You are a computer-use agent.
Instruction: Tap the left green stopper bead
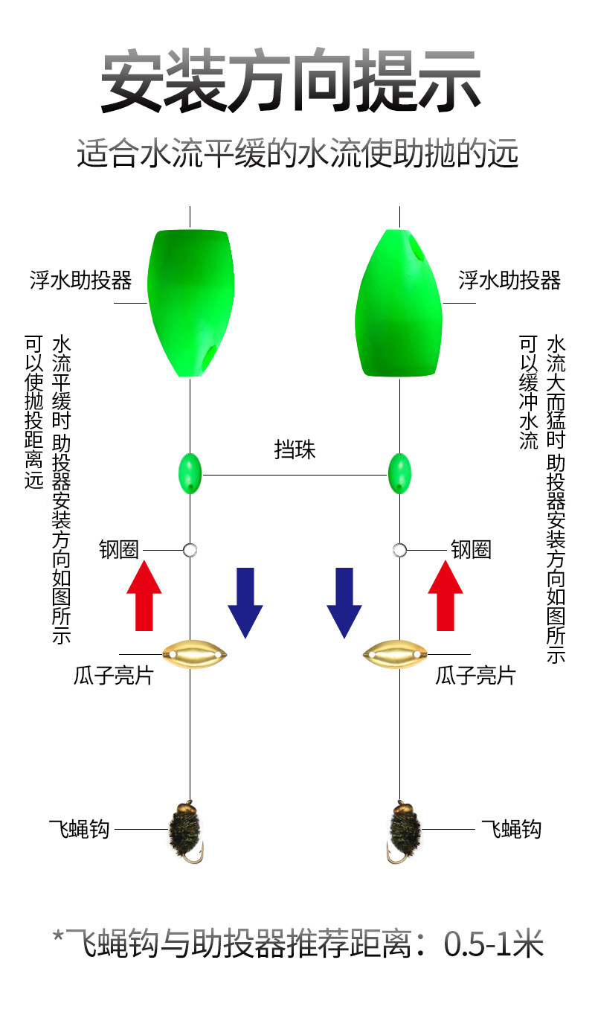[190, 473]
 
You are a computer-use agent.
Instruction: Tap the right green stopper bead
[399, 473]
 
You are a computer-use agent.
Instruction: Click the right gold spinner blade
[396, 654]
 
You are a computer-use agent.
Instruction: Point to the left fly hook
[185, 831]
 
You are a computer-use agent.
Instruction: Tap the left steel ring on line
[190, 550]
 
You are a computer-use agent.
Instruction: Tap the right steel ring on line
[399, 550]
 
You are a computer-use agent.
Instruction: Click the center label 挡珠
[295, 450]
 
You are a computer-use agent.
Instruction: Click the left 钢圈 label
[119, 550]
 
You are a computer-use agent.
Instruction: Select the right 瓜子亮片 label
[475, 676]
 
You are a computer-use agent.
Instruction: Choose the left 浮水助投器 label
[81, 280]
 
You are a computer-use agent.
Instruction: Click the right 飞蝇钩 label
[511, 829]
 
